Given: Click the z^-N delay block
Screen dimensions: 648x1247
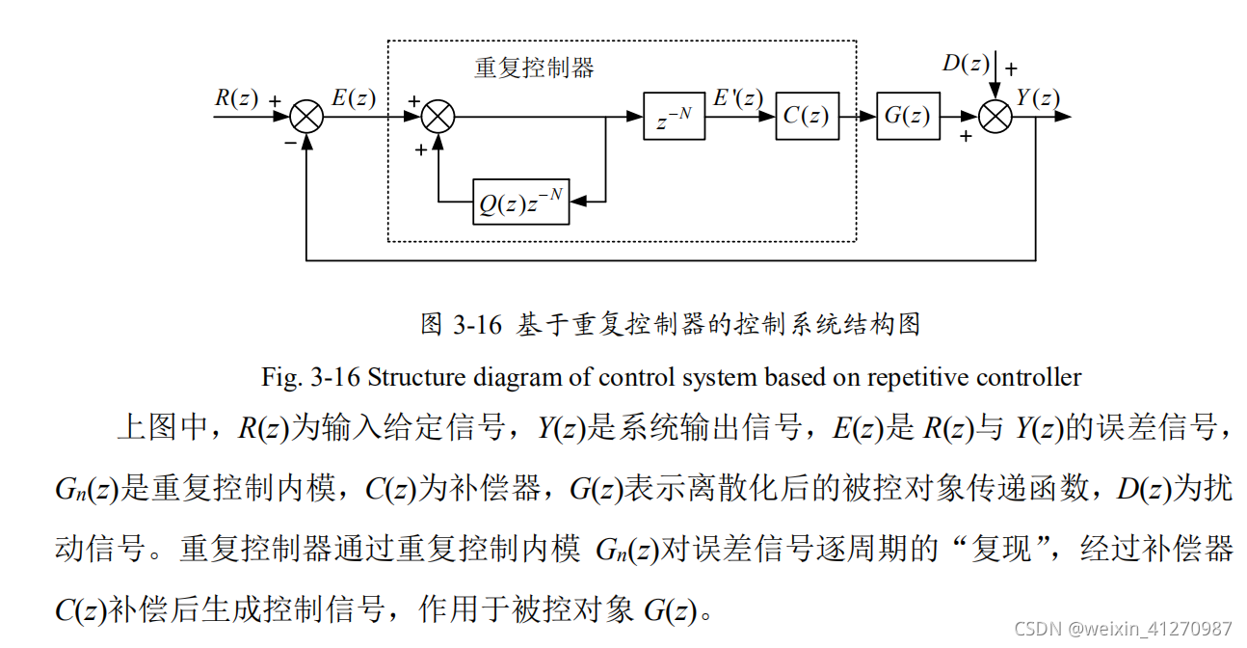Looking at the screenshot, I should point(674,117).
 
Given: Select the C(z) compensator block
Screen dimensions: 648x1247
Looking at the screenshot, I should point(807,117).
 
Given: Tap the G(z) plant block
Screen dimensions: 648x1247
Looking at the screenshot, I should point(907,117).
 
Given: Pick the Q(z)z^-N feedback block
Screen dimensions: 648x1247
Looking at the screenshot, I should point(520,202).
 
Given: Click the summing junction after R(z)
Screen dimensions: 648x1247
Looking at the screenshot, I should point(306,117).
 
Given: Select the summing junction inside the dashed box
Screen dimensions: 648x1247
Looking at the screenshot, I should point(438,117).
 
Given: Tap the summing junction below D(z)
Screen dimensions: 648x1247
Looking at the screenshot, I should point(995,117).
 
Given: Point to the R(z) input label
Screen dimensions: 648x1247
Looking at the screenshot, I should point(236,97).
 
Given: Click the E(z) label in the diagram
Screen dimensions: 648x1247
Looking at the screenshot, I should point(354,97).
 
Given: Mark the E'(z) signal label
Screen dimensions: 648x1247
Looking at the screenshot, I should point(738,96).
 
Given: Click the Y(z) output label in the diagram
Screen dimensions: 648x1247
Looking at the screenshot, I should point(1038,96).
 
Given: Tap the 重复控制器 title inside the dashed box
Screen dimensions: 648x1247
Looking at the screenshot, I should point(534,67).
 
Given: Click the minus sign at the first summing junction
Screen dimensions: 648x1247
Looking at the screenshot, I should point(290,142).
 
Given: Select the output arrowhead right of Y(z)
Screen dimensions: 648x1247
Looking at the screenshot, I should point(1063,117).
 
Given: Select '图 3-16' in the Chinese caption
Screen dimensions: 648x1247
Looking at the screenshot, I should point(462,325).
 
